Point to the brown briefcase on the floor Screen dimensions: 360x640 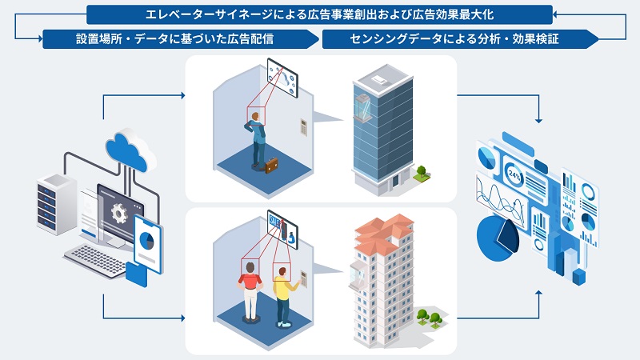[x=272, y=166]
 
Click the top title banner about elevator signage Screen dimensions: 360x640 [x=319, y=14]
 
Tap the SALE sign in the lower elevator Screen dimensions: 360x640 [x=276, y=220]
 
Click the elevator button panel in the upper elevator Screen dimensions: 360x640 [x=303, y=128]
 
